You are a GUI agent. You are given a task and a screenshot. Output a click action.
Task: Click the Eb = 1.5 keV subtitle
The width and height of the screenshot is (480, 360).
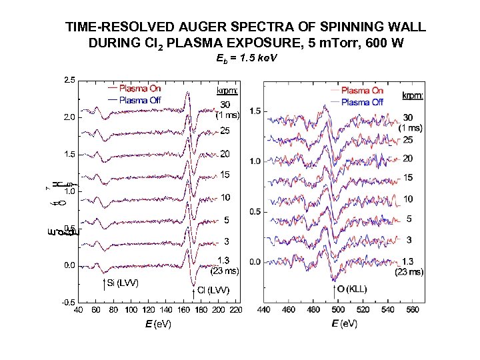tap(247, 59)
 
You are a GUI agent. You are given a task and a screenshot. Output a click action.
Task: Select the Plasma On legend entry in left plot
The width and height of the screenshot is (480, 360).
tap(140, 89)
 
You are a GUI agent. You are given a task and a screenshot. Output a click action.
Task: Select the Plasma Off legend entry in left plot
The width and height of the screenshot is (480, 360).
tap(140, 100)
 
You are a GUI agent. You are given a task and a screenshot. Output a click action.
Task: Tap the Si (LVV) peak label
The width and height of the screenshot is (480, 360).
tap(121, 283)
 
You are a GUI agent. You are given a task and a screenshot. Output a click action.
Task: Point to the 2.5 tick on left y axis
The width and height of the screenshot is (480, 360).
tap(69, 81)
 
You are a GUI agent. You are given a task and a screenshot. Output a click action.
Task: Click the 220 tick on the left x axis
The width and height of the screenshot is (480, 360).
tap(236, 310)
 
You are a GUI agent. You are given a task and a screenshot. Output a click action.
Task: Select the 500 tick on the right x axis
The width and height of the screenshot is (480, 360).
tap(338, 310)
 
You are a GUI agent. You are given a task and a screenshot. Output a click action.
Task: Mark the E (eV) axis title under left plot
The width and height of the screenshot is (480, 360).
tap(158, 324)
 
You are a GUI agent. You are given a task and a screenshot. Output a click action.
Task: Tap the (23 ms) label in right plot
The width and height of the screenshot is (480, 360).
tap(411, 271)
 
